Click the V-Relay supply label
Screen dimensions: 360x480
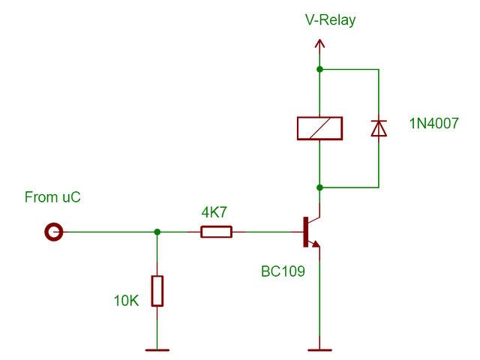point(330,20)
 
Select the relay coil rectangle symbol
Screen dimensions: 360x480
point(320,128)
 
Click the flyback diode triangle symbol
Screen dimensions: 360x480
point(379,128)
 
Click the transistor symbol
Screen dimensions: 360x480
point(311,232)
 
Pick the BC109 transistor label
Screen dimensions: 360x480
point(283,271)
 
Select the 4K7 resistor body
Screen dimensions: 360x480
point(216,232)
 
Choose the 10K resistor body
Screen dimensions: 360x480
point(157,291)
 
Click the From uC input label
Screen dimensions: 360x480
point(52,198)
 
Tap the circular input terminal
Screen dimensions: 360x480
point(53,232)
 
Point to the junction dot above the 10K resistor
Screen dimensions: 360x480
point(157,232)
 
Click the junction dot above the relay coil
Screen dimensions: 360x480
point(320,70)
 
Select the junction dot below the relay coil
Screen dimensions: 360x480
point(320,187)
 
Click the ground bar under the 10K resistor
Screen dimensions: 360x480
point(157,349)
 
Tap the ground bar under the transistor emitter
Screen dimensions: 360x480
point(320,349)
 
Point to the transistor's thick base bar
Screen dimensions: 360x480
point(306,232)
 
